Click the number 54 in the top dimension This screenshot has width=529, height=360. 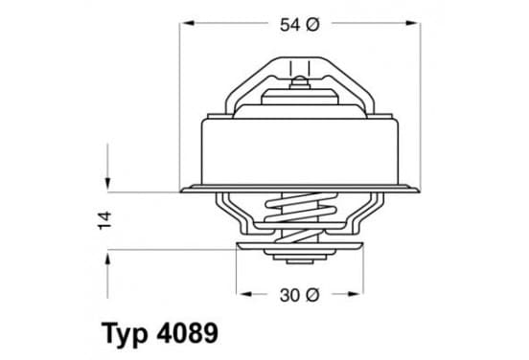click(x=289, y=25)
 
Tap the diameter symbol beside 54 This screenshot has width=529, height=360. click(x=312, y=25)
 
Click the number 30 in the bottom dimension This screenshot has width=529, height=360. click(x=289, y=296)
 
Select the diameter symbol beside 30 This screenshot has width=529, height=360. click(x=312, y=296)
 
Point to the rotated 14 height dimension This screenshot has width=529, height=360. click(x=104, y=220)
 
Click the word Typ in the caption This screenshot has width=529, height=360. click(x=125, y=333)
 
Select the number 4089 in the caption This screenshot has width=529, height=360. click(x=188, y=332)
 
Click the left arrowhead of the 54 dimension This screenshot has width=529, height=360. click(x=188, y=23)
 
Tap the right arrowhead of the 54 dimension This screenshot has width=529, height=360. click(x=413, y=23)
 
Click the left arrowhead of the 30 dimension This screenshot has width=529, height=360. click(x=244, y=294)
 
